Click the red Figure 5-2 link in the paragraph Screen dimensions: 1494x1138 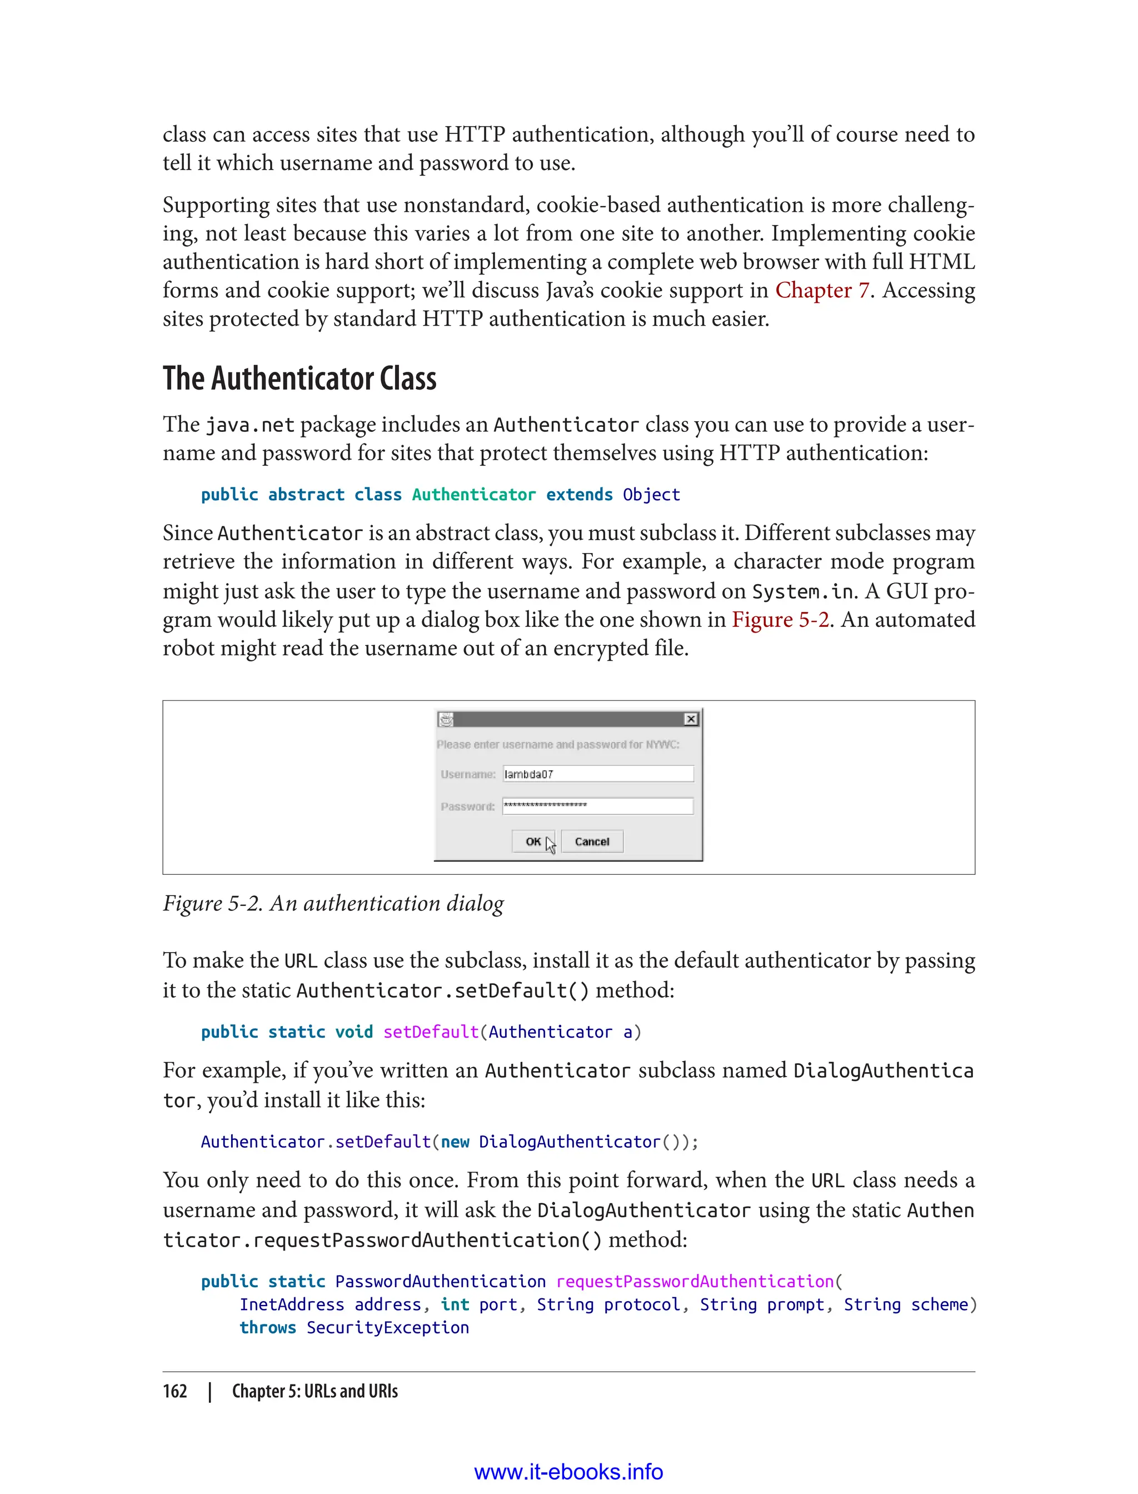[780, 619]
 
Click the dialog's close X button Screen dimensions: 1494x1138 [690, 719]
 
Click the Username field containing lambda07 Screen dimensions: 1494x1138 [597, 774]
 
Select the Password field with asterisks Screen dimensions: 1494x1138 [597, 805]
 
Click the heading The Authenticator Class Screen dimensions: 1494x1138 [300, 378]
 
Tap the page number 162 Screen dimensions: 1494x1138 [175, 1391]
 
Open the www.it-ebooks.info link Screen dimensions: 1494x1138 [568, 1472]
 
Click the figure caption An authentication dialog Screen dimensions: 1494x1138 [333, 903]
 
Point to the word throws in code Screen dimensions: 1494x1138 [268, 1327]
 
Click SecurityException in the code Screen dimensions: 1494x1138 [387, 1327]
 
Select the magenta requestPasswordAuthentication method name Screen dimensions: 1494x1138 [695, 1281]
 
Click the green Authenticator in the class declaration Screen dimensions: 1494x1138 [473, 495]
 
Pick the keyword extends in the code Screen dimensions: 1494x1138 [579, 495]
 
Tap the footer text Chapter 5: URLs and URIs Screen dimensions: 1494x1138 [315, 1391]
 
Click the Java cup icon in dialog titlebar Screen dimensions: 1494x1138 [446, 719]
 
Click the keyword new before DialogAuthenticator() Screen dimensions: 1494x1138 [455, 1142]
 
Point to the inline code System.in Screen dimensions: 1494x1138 [804, 591]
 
